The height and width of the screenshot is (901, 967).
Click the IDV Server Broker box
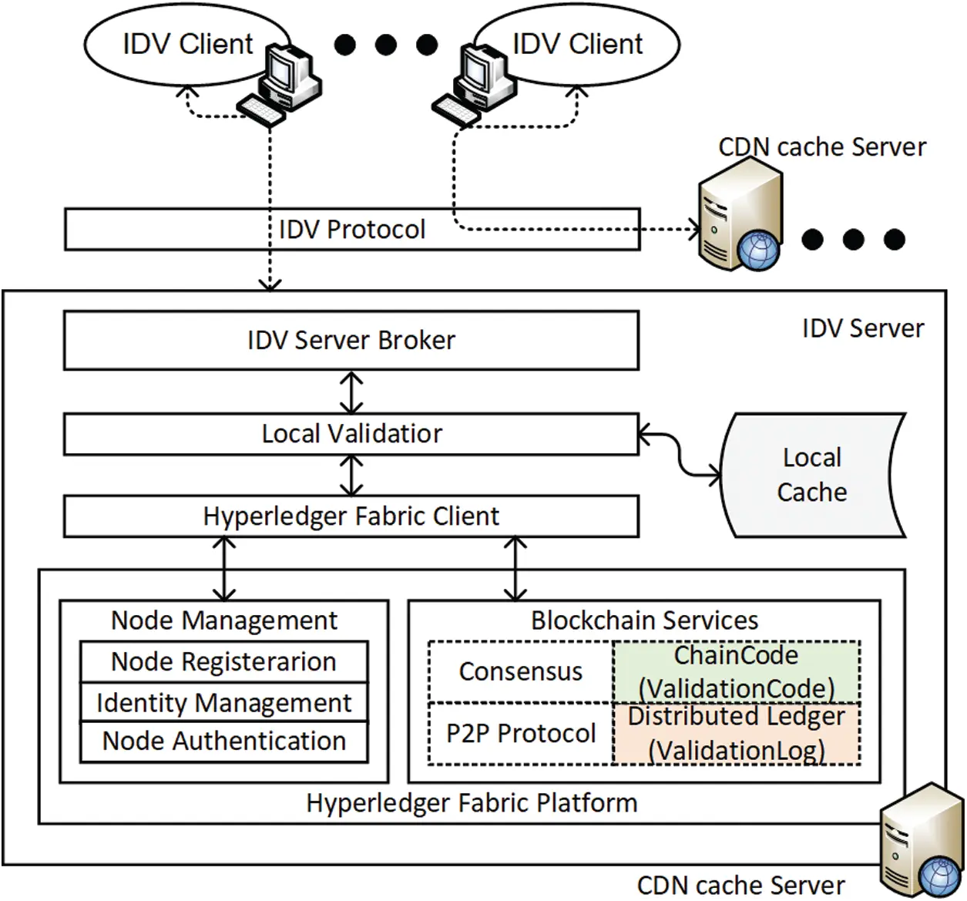(x=351, y=340)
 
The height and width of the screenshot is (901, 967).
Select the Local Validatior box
(x=351, y=434)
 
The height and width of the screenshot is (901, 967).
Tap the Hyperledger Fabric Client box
(x=351, y=516)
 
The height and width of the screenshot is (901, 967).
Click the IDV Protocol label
(x=351, y=229)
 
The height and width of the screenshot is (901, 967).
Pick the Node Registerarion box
(x=223, y=661)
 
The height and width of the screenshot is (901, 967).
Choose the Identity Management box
(x=223, y=702)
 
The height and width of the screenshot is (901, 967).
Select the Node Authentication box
(x=223, y=741)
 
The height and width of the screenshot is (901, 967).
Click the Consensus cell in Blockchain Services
(x=520, y=671)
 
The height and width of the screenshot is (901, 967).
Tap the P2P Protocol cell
(x=520, y=733)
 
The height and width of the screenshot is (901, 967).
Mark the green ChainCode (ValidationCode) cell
(x=736, y=671)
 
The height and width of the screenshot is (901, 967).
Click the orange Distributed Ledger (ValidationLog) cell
(x=736, y=733)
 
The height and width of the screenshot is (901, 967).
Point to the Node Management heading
(x=224, y=620)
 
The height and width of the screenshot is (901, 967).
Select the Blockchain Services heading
(x=644, y=620)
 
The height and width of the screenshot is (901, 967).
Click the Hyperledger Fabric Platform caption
(x=472, y=803)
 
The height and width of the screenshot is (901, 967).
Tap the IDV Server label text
(x=862, y=328)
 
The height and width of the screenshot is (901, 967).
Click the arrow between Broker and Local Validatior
(x=351, y=393)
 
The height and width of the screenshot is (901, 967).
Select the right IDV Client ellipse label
(x=577, y=44)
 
